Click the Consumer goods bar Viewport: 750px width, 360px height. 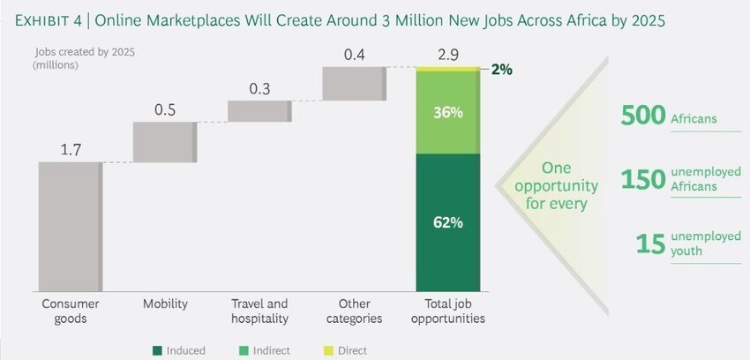tap(70, 226)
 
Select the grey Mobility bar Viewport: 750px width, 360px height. tap(165, 142)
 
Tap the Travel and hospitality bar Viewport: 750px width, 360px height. tap(259, 111)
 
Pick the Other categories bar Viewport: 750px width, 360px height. tap(355, 84)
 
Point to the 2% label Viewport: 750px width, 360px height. tap(501, 69)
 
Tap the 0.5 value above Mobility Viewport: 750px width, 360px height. tap(165, 109)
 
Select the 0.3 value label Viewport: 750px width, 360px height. tap(259, 88)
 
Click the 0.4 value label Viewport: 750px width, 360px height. tap(355, 55)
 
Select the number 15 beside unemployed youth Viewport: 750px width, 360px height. tap(649, 244)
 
